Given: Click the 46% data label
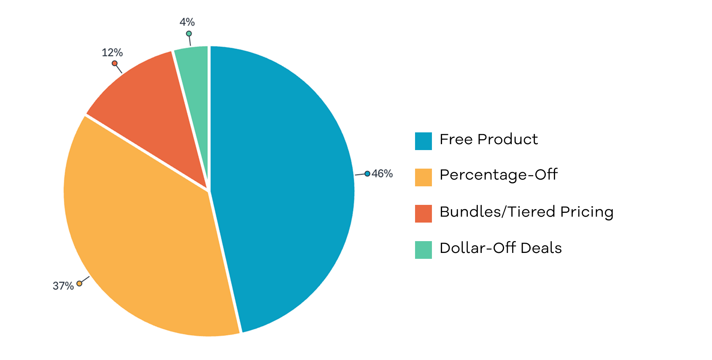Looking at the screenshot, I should coord(382,174).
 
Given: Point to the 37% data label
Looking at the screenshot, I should coord(63,286).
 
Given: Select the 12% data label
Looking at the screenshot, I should coord(112,53).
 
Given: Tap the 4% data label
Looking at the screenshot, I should coord(187,22).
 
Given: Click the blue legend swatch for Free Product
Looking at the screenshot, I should coord(423,141).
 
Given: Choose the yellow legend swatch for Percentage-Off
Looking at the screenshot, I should coord(423,177).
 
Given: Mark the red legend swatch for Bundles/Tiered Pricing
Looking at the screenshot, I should coord(423,214).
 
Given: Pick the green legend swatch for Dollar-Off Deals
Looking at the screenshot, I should coord(423,250).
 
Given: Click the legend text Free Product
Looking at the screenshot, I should coord(488,139).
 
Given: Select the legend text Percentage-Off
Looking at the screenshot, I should coord(499,175).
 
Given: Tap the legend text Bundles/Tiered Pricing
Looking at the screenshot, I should coord(526,212).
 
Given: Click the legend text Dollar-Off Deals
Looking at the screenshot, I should coord(501,248).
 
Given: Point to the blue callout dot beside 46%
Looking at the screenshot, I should coord(367,174).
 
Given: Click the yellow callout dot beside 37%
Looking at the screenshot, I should coord(79,283).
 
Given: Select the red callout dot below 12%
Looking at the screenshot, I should coord(115,63).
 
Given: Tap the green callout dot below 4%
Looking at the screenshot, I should coord(189,34).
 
